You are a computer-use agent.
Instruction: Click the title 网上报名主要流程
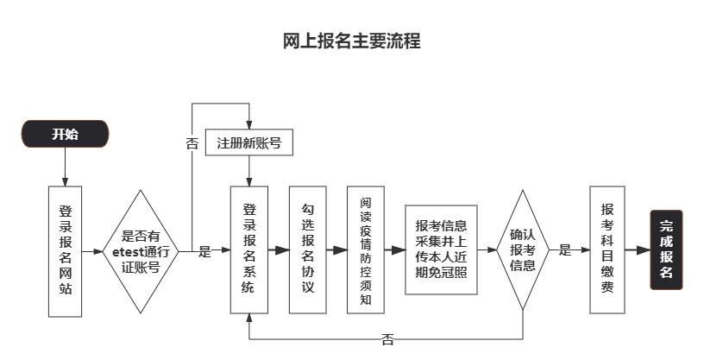coord(352,41)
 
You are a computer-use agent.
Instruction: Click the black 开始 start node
coord(65,134)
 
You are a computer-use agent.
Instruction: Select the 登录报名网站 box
coord(65,249)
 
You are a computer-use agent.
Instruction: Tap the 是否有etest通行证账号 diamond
coord(140,250)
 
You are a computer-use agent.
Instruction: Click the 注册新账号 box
coord(249,142)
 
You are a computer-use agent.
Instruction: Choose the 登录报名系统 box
coord(249,249)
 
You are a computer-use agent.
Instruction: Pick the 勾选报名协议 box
coord(308,249)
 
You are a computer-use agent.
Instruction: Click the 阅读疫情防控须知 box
coord(366,249)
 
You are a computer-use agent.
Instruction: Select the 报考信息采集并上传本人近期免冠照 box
coord(441,249)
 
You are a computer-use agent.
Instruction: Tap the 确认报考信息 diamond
coord(523,249)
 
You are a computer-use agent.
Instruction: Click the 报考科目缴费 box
coord(607,249)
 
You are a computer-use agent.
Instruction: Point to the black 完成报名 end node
coord(666,249)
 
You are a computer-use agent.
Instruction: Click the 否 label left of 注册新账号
coord(192,143)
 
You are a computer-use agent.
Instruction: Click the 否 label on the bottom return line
coord(387,339)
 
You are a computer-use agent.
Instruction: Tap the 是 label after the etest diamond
coord(204,251)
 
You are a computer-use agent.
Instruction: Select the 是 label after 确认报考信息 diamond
coord(564,250)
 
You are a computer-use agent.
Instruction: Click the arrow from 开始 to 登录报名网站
coord(65,167)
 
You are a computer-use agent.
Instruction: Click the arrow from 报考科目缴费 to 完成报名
coord(637,250)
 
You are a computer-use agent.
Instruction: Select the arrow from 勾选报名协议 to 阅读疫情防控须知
coord(336,250)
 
